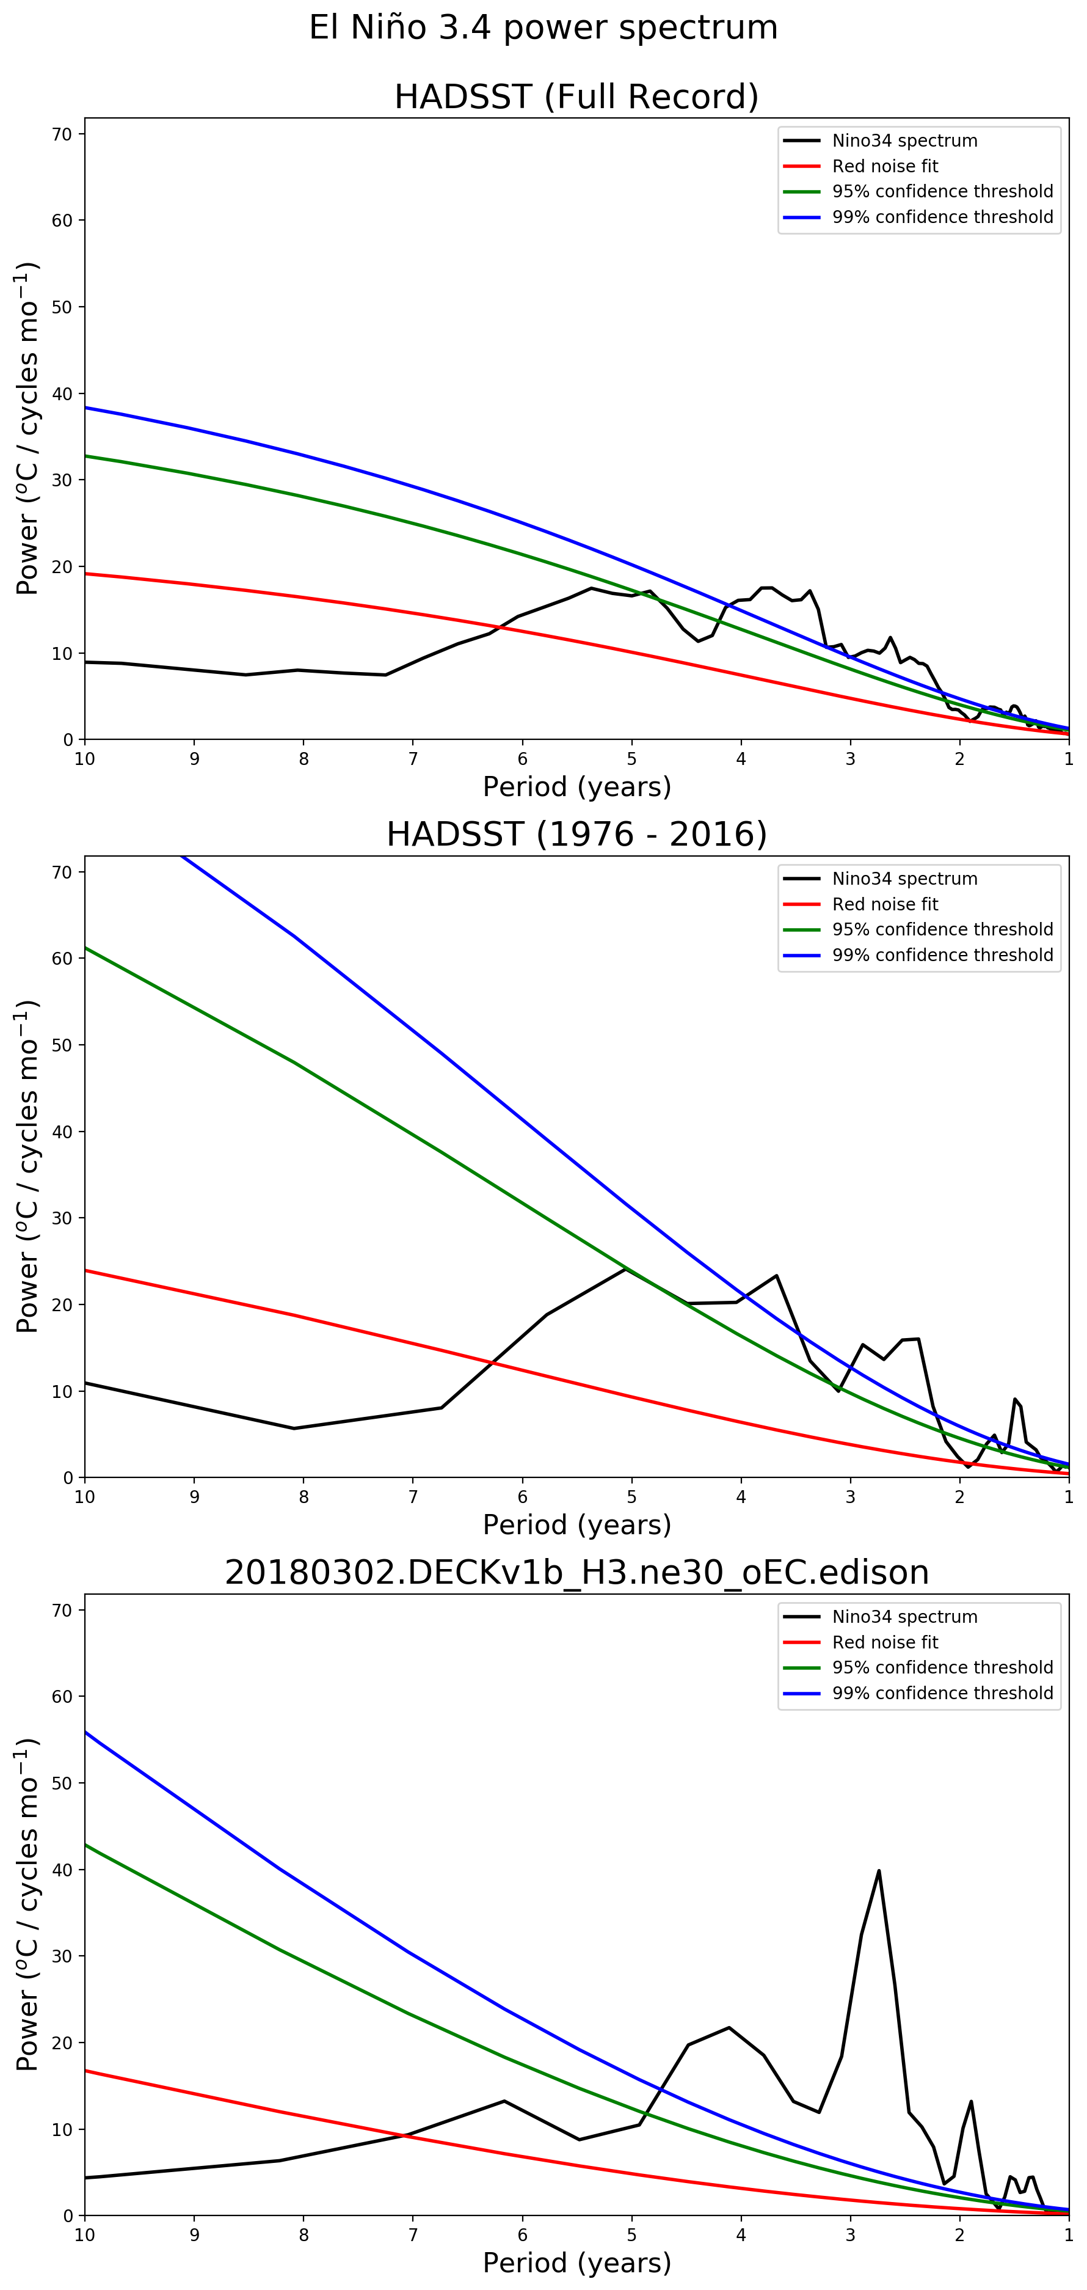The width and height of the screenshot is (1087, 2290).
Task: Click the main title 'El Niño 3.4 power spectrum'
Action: pyautogui.click(x=543, y=27)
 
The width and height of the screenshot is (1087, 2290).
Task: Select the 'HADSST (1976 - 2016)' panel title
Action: pyautogui.click(x=576, y=835)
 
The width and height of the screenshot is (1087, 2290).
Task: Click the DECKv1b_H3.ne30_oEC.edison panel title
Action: pyautogui.click(x=576, y=1573)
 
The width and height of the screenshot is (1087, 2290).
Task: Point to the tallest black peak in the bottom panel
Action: pyautogui.click(x=878, y=1871)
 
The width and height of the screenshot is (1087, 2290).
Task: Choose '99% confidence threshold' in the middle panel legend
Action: pyautogui.click(x=942, y=955)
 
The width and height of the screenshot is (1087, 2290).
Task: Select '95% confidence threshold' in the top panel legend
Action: pyautogui.click(x=942, y=191)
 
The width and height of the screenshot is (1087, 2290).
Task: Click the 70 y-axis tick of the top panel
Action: pyautogui.click(x=62, y=134)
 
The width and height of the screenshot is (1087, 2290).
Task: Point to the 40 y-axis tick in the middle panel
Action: pyautogui.click(x=62, y=1132)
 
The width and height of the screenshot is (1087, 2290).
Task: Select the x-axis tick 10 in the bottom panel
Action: pyautogui.click(x=84, y=2236)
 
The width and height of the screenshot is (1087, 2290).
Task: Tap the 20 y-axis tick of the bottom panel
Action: pyautogui.click(x=62, y=2043)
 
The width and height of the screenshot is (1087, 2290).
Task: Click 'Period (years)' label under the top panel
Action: pyautogui.click(x=576, y=787)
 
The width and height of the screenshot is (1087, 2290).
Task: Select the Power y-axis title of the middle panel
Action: pyautogui.click(x=27, y=1166)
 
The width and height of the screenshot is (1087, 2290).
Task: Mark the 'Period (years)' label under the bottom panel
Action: pyautogui.click(x=576, y=2263)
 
